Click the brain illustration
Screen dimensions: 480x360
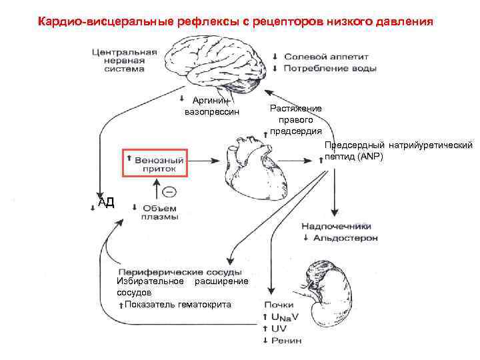213,63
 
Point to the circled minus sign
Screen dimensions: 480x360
169,192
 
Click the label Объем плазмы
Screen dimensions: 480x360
159,212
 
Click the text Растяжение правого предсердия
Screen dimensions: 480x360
295,119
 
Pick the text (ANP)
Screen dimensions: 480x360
371,155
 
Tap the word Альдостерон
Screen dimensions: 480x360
345,237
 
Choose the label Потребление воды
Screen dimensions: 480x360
331,67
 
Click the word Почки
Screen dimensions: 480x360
278,305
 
